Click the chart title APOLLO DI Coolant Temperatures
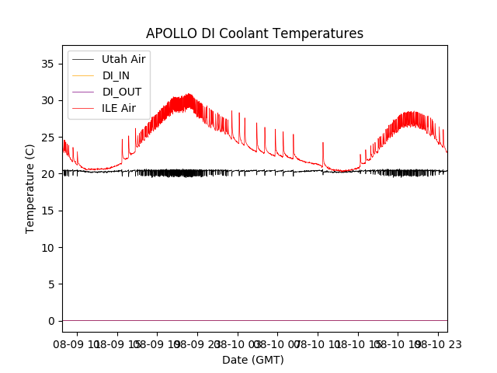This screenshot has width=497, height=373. (x=255, y=33)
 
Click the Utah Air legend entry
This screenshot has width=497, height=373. (x=123, y=59)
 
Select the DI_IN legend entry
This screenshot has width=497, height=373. (x=117, y=75)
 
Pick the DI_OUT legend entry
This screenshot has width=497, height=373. (x=122, y=92)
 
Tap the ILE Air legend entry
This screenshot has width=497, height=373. (x=119, y=108)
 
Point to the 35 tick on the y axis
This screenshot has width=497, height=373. (x=48, y=64)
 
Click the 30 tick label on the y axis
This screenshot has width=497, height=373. (x=48, y=100)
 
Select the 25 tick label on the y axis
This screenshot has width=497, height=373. (x=48, y=137)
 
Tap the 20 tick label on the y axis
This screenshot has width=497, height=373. (x=48, y=174)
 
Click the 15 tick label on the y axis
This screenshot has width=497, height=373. (x=48, y=211)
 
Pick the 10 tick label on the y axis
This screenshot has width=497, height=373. (x=48, y=247)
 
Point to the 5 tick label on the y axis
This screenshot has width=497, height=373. (x=51, y=284)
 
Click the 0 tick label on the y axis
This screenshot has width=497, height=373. (x=51, y=321)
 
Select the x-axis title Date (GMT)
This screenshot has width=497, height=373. (x=253, y=360)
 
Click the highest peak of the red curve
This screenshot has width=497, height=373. (x=189, y=94)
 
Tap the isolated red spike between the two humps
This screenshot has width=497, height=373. (x=323, y=143)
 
